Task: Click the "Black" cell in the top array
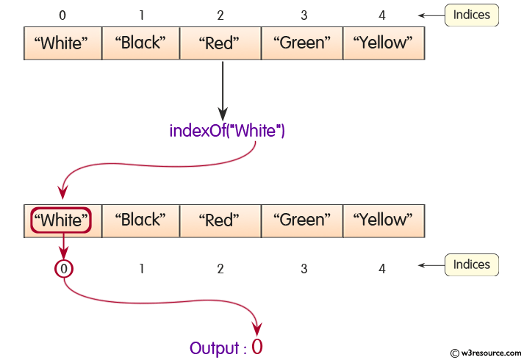coord(140,43)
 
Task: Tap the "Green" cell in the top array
coord(303,43)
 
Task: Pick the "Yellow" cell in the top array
coord(384,43)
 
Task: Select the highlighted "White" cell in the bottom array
coord(62,220)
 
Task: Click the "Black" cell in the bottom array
coord(140,220)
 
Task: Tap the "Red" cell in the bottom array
coord(220,220)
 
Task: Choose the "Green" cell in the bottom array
coord(302,220)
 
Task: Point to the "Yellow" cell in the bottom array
coord(383,220)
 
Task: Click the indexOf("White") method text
coord(227,132)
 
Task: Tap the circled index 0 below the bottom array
coord(64,269)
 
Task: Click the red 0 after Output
coord(256,348)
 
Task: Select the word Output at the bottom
coord(213,348)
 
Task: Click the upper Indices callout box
coord(472,15)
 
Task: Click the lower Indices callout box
coord(472,264)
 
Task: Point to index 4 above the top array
coord(382,15)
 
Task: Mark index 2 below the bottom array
coord(220,269)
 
